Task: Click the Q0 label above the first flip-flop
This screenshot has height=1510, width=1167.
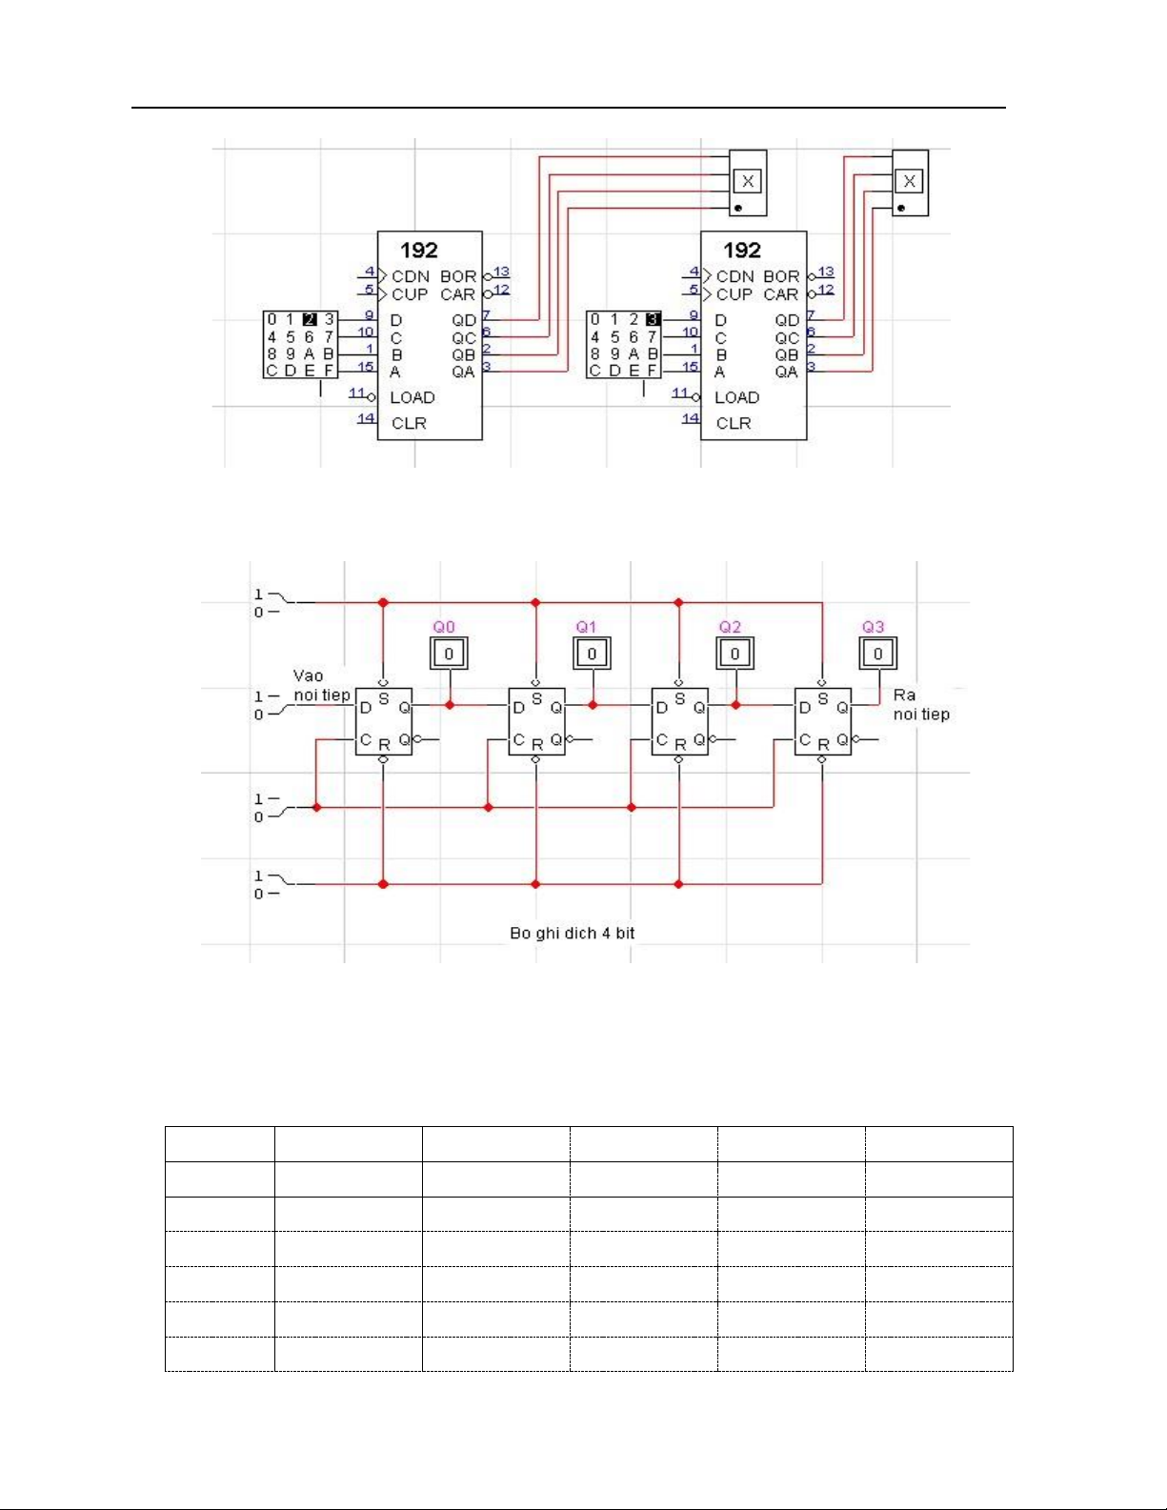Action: tap(444, 627)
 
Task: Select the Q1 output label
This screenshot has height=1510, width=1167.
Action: tap(586, 627)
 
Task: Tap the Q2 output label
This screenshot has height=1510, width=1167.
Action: tap(730, 627)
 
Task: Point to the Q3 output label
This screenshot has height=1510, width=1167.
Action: tap(874, 627)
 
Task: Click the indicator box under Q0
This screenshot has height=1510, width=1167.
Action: tap(449, 654)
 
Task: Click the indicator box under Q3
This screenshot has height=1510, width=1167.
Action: tap(878, 654)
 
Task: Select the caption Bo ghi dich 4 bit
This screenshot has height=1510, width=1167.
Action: tap(573, 934)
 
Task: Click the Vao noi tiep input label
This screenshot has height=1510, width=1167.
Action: tap(322, 685)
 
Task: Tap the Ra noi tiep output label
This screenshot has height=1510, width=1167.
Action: tap(921, 705)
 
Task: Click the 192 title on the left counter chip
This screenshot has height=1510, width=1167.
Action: tap(419, 251)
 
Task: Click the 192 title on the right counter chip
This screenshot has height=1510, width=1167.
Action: tap(742, 251)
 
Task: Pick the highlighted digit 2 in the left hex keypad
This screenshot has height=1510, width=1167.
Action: tap(310, 320)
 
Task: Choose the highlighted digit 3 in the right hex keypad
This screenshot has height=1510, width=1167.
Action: tap(653, 320)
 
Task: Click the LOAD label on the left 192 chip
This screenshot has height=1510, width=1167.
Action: tap(412, 397)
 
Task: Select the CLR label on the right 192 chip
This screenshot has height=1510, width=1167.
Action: tap(734, 423)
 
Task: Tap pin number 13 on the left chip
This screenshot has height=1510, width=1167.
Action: tap(501, 272)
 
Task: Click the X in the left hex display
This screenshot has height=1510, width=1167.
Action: tap(748, 181)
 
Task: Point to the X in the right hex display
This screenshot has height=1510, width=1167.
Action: tap(909, 181)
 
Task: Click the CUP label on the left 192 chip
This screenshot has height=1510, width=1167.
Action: tap(410, 294)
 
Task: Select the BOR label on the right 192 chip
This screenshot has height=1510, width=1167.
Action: tap(781, 276)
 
